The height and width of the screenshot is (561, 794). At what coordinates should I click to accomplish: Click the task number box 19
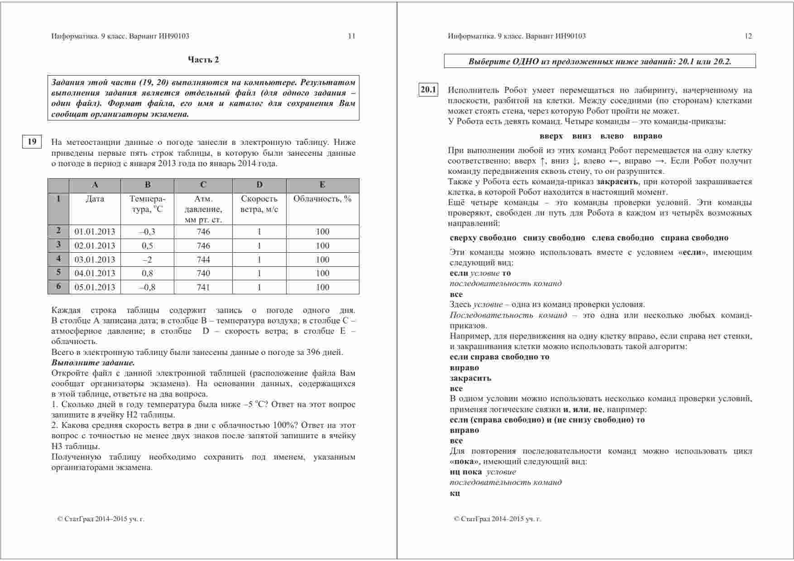pyautogui.click(x=32, y=142)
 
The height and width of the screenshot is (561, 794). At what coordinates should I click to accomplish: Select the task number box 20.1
pyautogui.click(x=428, y=90)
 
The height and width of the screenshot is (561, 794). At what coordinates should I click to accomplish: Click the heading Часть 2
pyautogui.click(x=203, y=59)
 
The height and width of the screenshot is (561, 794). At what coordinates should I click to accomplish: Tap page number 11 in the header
pyautogui.click(x=351, y=36)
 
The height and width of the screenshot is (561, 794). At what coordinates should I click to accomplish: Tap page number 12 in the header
pyautogui.click(x=748, y=36)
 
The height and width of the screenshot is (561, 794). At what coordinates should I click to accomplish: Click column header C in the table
pyautogui.click(x=203, y=185)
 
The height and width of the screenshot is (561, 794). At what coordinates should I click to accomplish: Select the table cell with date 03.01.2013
pyautogui.click(x=95, y=259)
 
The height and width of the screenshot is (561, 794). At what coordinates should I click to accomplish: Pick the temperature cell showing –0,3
pyautogui.click(x=148, y=232)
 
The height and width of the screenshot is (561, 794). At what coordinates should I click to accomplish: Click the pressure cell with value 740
pyautogui.click(x=203, y=273)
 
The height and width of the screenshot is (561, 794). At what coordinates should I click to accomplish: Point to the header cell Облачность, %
pyautogui.click(x=322, y=199)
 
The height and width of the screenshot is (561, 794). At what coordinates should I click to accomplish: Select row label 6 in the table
pyautogui.click(x=58, y=287)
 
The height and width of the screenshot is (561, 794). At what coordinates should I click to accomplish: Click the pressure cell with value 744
pyautogui.click(x=203, y=259)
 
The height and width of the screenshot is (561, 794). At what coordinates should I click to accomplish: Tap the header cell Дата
pyautogui.click(x=95, y=199)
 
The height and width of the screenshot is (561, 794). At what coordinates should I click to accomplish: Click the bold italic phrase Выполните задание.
pyautogui.click(x=93, y=363)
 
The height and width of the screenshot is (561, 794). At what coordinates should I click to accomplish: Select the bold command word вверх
pyautogui.click(x=551, y=136)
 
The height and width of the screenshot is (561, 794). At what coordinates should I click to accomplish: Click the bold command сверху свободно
pyautogui.click(x=483, y=238)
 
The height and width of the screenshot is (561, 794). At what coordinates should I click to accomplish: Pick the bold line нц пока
pyautogui.click(x=466, y=472)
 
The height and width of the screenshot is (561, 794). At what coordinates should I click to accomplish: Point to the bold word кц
pyautogui.click(x=454, y=493)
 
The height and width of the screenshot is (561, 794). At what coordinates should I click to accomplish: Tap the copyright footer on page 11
pyautogui.click(x=100, y=519)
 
